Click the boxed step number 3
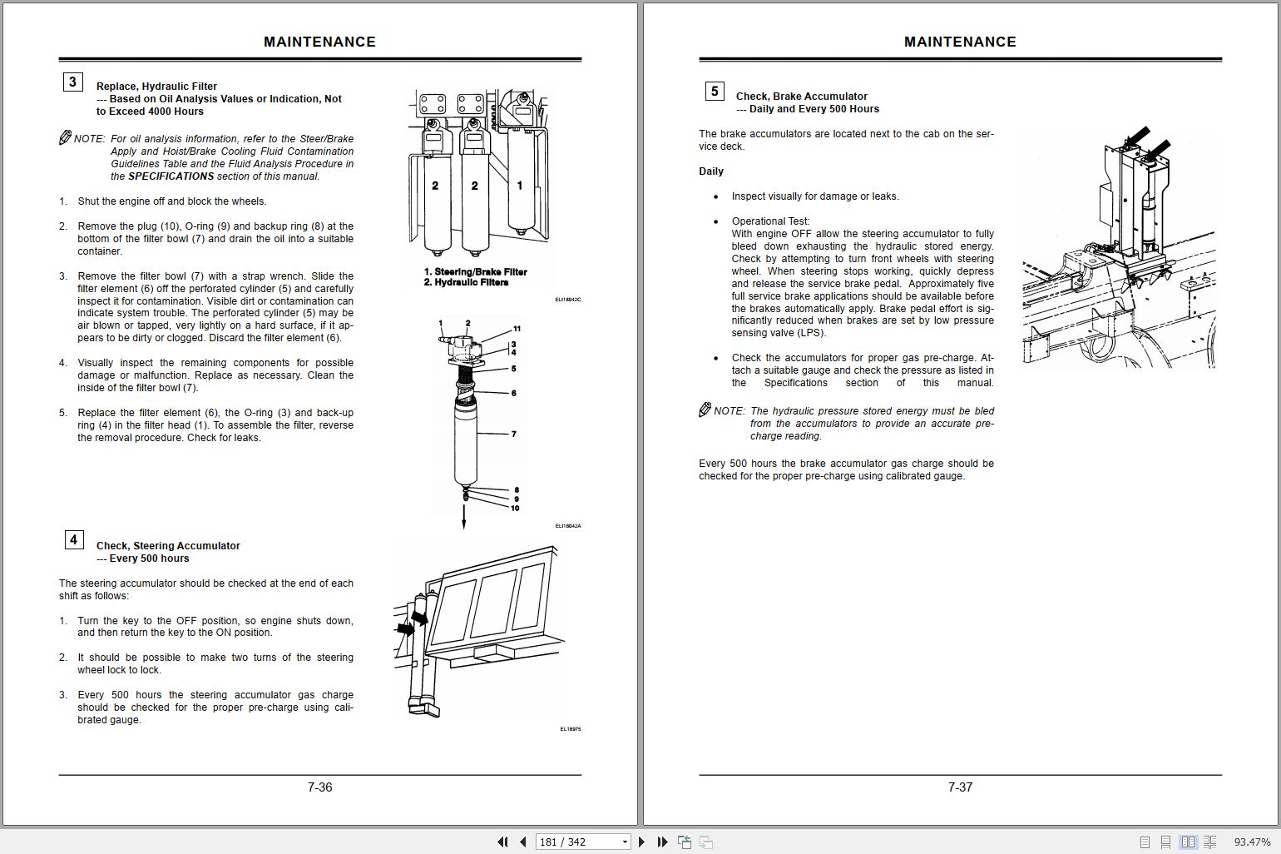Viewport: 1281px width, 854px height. click(72, 82)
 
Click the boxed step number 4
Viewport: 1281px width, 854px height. click(73, 539)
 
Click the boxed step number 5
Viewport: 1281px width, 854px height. click(714, 92)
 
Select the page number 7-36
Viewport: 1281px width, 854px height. click(319, 787)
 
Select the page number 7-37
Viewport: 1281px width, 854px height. click(960, 787)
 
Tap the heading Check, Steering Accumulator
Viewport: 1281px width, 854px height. click(168, 546)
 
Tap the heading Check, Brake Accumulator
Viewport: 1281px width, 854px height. click(801, 97)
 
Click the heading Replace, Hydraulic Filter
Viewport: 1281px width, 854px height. click(156, 87)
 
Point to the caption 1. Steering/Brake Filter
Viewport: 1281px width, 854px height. click(475, 272)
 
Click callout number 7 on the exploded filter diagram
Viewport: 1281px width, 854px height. click(513, 434)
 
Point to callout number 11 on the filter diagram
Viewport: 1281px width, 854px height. click(517, 329)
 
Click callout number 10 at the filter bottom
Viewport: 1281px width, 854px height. click(515, 508)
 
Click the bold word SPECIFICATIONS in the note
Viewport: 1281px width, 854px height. click(171, 176)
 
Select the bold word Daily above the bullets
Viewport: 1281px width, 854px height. click(711, 171)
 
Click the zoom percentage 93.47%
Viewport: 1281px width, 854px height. click(1252, 842)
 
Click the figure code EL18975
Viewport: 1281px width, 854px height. click(570, 729)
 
